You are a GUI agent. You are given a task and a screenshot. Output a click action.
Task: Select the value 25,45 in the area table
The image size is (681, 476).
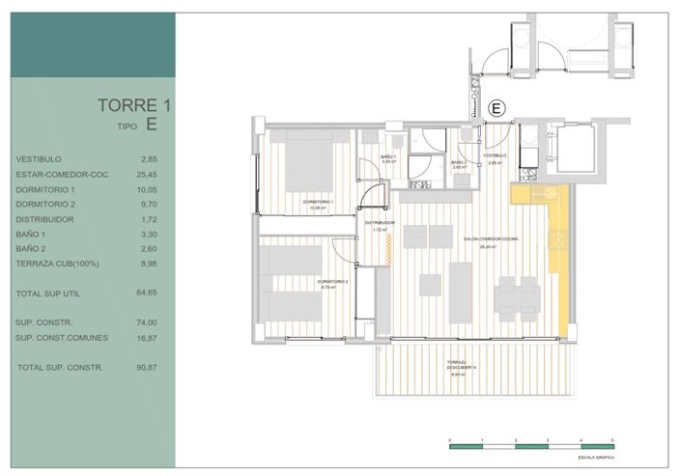tap(148, 174)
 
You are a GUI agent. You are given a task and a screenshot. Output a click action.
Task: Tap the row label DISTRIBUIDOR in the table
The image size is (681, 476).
tap(46, 219)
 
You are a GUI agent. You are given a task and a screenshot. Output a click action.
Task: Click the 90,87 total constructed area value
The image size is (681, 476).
tap(148, 368)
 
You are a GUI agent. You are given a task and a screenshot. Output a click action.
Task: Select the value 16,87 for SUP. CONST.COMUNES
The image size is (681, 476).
tap(148, 337)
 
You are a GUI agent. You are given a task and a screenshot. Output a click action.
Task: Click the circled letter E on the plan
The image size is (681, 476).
tap(497, 109)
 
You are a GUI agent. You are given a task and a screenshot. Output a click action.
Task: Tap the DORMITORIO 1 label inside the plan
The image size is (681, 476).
tap(318, 202)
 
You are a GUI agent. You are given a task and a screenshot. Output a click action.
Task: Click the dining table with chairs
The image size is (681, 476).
tap(517, 295)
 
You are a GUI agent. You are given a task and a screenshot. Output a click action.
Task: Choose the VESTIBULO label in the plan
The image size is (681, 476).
tap(496, 155)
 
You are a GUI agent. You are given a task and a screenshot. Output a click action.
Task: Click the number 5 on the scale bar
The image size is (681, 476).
tap(612, 439)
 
